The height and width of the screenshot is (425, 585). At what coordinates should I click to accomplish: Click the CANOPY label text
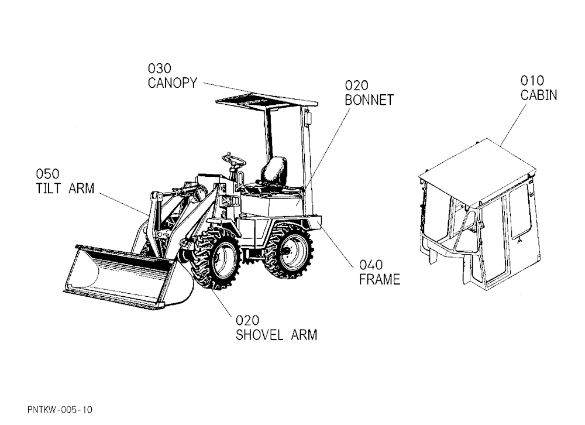173,83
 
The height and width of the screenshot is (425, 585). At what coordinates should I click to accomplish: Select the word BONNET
369,100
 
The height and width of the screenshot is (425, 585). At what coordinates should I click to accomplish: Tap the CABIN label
539,95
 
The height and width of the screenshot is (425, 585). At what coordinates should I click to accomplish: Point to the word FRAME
380,279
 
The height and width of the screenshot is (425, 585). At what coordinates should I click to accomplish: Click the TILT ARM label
65,188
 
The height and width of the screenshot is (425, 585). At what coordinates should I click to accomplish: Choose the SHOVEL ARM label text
276,335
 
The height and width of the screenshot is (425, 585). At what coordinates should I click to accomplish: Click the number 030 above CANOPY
160,68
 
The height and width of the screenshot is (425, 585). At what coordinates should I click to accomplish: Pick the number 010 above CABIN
532,80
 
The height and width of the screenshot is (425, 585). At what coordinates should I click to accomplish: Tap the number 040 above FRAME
371,265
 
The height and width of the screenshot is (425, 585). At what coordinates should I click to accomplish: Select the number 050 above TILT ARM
47,174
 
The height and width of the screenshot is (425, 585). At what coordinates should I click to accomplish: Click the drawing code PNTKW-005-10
60,410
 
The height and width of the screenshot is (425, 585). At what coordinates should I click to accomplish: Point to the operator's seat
273,175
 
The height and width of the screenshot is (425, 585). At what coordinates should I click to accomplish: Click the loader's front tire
216,258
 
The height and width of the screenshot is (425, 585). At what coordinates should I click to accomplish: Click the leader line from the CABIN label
514,125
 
